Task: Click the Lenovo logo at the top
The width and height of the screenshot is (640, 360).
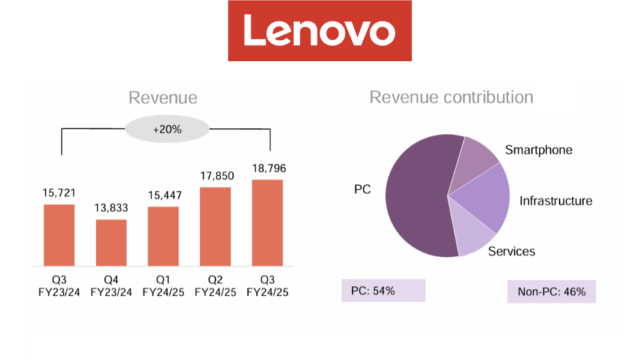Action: tap(319, 31)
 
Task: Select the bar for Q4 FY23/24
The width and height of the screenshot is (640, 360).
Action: tap(111, 242)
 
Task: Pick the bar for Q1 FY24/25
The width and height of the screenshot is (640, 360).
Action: tap(163, 236)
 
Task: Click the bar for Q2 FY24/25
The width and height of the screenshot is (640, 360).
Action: tap(215, 226)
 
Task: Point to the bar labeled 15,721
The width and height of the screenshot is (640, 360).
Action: tap(59, 235)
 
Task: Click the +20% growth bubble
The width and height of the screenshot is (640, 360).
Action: tap(167, 129)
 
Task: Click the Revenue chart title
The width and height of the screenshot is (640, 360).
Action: tap(163, 98)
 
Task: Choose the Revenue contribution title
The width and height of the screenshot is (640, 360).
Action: tap(451, 97)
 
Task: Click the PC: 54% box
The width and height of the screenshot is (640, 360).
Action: tap(383, 290)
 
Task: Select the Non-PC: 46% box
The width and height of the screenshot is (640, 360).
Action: tap(551, 292)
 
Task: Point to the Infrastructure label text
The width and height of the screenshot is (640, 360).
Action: tap(555, 201)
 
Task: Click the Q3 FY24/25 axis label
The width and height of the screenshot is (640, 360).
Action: tap(267, 286)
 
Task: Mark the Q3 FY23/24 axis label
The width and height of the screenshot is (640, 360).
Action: tap(59, 286)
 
